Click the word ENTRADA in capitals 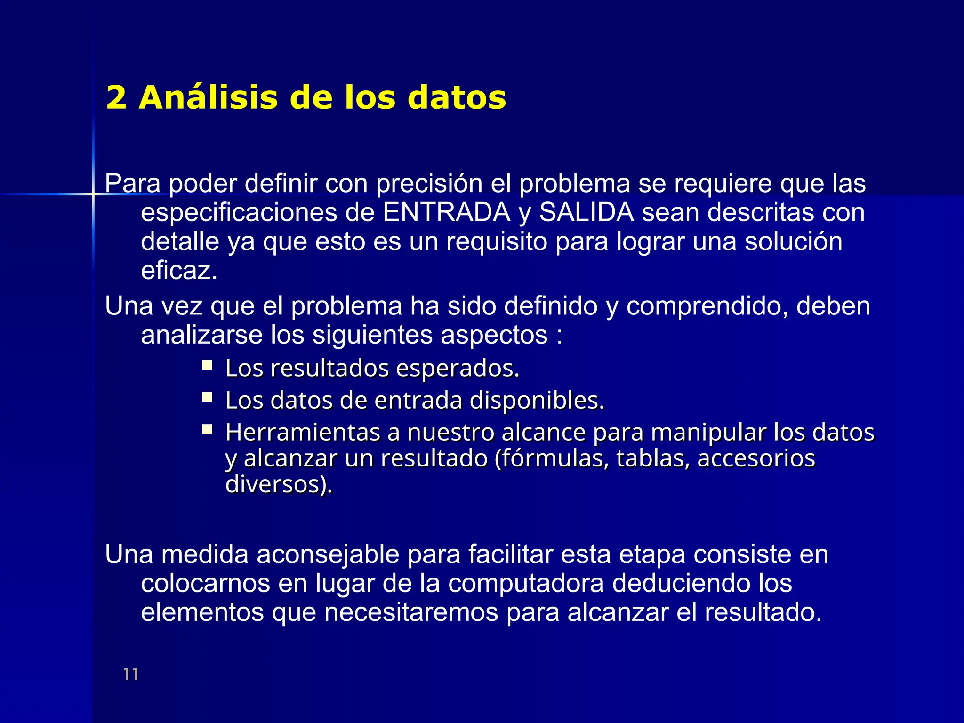pyautogui.click(x=446, y=212)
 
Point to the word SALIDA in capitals pyautogui.click(x=586, y=212)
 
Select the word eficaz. pyautogui.click(x=179, y=271)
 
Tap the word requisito pyautogui.click(x=497, y=241)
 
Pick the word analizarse pyautogui.click(x=202, y=335)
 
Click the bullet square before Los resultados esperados pyautogui.click(x=207, y=365)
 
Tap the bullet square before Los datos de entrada pyautogui.click(x=207, y=397)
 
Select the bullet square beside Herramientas pyautogui.click(x=207, y=429)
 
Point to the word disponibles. pyautogui.click(x=537, y=401)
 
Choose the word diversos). pyautogui.click(x=279, y=484)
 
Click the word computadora pyautogui.click(x=526, y=584)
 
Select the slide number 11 pyautogui.click(x=131, y=674)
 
